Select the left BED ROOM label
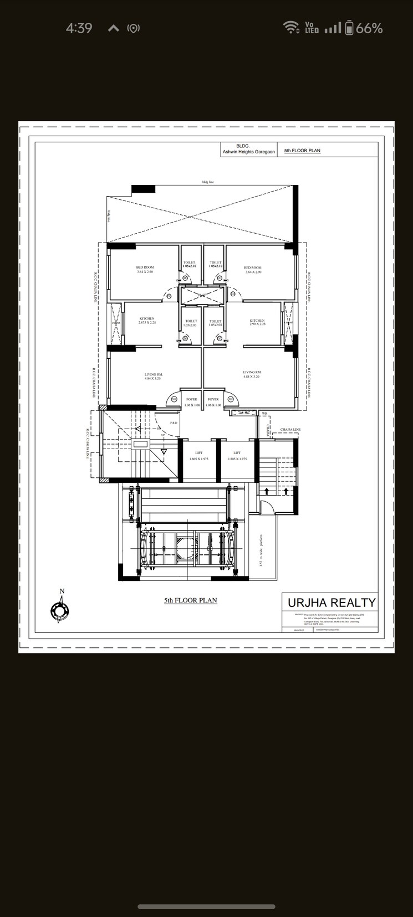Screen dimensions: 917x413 pyautogui.click(x=145, y=267)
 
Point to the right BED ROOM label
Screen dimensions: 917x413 pyautogui.click(x=252, y=267)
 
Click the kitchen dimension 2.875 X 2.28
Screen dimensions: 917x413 pyautogui.click(x=147, y=323)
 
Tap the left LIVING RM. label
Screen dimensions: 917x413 pyautogui.click(x=154, y=374)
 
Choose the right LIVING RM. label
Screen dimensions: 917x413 pyautogui.click(x=252, y=372)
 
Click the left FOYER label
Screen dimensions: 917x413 pyautogui.click(x=191, y=399)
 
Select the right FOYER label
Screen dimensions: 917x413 pyautogui.click(x=213, y=399)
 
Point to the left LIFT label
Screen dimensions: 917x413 pyautogui.click(x=198, y=453)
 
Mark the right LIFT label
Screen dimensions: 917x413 pyautogui.click(x=237, y=453)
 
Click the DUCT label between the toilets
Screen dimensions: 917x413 pyautogui.click(x=202, y=295)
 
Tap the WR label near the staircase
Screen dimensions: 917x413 pyautogui.click(x=265, y=414)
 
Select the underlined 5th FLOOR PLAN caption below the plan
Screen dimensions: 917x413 pyautogui.click(x=190, y=600)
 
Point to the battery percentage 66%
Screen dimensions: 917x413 pyautogui.click(x=369, y=28)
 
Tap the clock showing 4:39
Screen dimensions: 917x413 pyautogui.click(x=79, y=28)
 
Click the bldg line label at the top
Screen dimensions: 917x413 pyautogui.click(x=208, y=182)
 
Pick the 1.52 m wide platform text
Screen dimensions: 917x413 pyautogui.click(x=261, y=550)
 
